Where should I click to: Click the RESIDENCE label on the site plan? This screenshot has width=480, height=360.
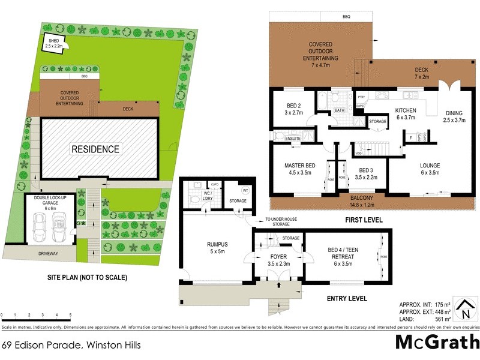coord(96,149)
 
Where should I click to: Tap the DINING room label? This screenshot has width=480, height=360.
coord(454,116)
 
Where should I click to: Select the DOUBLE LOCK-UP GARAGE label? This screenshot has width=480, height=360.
coord(50,202)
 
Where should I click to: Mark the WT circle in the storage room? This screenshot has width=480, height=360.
coord(245,190)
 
